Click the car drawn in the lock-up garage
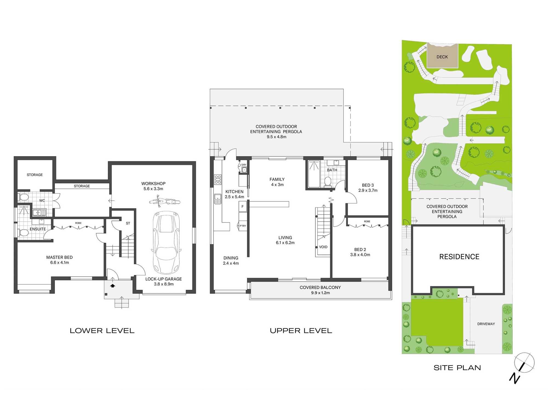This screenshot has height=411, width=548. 166,242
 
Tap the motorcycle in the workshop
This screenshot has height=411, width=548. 164,201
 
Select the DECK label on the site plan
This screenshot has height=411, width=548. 442,57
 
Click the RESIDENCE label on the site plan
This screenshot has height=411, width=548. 459,257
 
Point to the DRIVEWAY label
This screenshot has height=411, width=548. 486,324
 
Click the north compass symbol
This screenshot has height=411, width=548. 522,367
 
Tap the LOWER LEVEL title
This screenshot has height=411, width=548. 102,331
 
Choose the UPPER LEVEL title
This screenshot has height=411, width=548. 301,331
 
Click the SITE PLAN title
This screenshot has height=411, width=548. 457,368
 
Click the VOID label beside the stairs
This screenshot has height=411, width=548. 323,247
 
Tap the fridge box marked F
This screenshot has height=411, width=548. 242,207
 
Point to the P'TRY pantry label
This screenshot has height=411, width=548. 243,226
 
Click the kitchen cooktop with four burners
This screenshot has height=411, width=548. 218,179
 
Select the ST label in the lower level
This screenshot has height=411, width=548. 128,223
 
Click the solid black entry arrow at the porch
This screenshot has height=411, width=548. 113,286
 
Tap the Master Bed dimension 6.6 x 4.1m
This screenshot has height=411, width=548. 59,262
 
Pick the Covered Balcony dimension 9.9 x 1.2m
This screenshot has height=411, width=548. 320,293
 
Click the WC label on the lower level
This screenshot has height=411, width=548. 42,201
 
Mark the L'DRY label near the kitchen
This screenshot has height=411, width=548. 243,165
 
